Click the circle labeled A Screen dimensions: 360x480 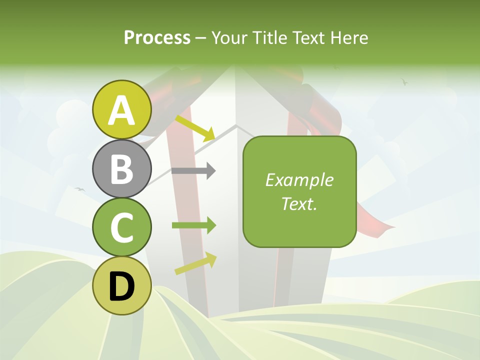(122, 110)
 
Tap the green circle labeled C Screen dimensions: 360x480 (122, 227)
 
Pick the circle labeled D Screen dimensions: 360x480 (122, 285)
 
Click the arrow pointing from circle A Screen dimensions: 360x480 (195, 128)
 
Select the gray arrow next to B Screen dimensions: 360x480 (193, 171)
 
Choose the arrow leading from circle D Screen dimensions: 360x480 (195, 263)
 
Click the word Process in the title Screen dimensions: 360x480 (157, 37)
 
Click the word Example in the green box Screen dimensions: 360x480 (299, 180)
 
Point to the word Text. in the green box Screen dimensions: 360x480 (299, 203)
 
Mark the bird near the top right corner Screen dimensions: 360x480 (404, 81)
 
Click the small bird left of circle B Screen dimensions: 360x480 (79, 189)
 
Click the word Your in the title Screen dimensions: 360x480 (228, 37)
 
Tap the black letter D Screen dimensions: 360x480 (122, 286)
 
